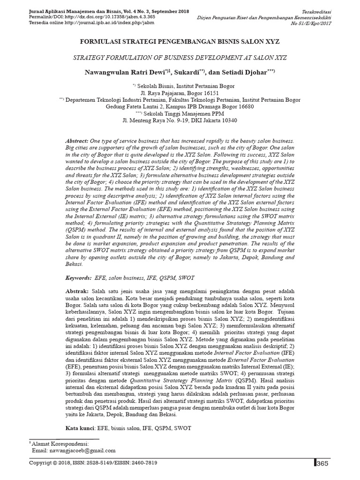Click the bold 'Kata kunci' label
click(80, 428)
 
